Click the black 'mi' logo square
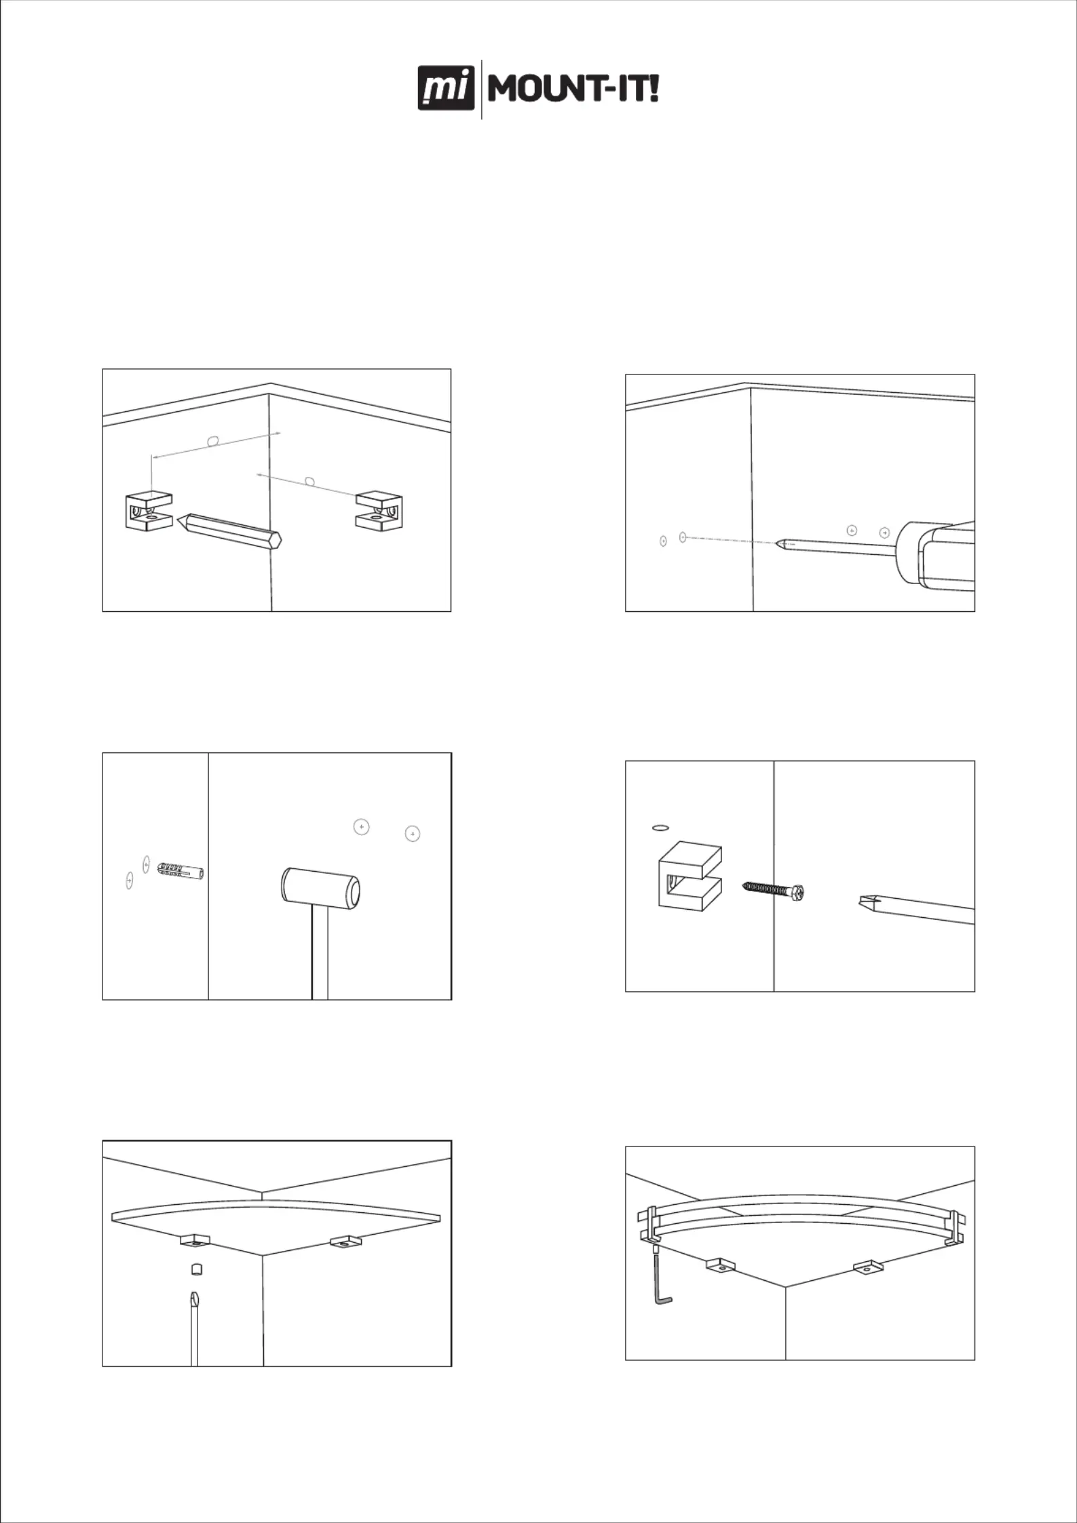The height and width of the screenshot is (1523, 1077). [x=446, y=88]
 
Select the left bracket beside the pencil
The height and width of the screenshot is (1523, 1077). [x=149, y=512]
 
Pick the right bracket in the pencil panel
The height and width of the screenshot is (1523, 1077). [x=379, y=512]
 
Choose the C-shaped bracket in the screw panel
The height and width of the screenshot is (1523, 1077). [x=689, y=874]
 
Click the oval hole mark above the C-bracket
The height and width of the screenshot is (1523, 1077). [x=660, y=828]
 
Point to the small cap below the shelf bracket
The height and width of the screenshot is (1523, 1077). [x=196, y=1269]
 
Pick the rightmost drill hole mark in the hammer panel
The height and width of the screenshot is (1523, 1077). [x=412, y=834]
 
